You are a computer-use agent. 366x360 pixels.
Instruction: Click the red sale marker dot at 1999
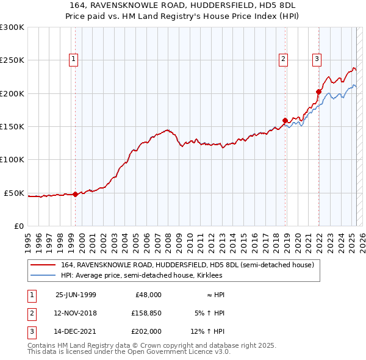[x=76, y=195]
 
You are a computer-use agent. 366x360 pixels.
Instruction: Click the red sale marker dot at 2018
[x=285, y=120]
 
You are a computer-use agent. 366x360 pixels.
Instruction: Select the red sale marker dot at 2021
[x=318, y=92]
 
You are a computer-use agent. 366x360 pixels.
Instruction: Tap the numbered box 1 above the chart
[x=73, y=59]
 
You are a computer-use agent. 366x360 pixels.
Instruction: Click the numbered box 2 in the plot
[x=284, y=59]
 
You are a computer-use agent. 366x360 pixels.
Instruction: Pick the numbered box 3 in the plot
[x=317, y=59]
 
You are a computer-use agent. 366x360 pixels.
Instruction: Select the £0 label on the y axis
[x=18, y=226]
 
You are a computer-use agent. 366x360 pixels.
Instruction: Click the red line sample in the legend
[x=43, y=265]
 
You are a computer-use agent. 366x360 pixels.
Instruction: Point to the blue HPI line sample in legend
[x=43, y=275]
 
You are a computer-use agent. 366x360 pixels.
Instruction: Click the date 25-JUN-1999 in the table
[x=76, y=295]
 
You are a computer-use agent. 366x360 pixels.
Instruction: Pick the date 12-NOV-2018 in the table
[x=76, y=314]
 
